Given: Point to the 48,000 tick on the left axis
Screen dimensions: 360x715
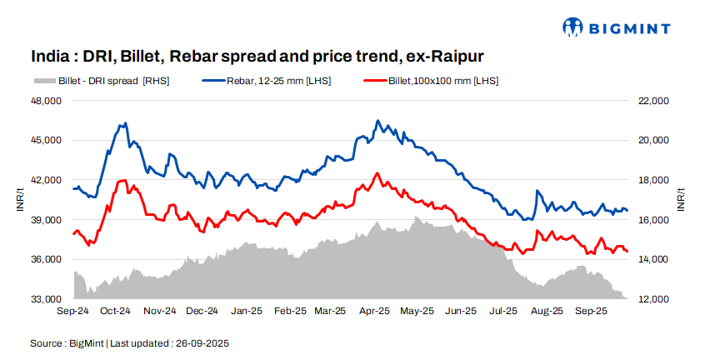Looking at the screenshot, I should click(47, 101).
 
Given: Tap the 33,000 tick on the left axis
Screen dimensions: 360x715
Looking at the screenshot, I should click(47, 299).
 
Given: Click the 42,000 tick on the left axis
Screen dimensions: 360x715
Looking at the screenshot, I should click(47, 180).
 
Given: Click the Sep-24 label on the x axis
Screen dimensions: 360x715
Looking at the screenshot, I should click(73, 311).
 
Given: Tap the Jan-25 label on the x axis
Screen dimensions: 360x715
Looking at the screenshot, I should click(246, 311).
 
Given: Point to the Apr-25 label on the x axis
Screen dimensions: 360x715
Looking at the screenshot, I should click(375, 311).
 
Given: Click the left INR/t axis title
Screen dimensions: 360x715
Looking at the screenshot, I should click(19, 200).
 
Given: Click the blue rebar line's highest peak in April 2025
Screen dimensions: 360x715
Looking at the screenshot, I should click(377, 121).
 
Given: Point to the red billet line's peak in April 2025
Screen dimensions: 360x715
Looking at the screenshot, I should click(377, 173).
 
